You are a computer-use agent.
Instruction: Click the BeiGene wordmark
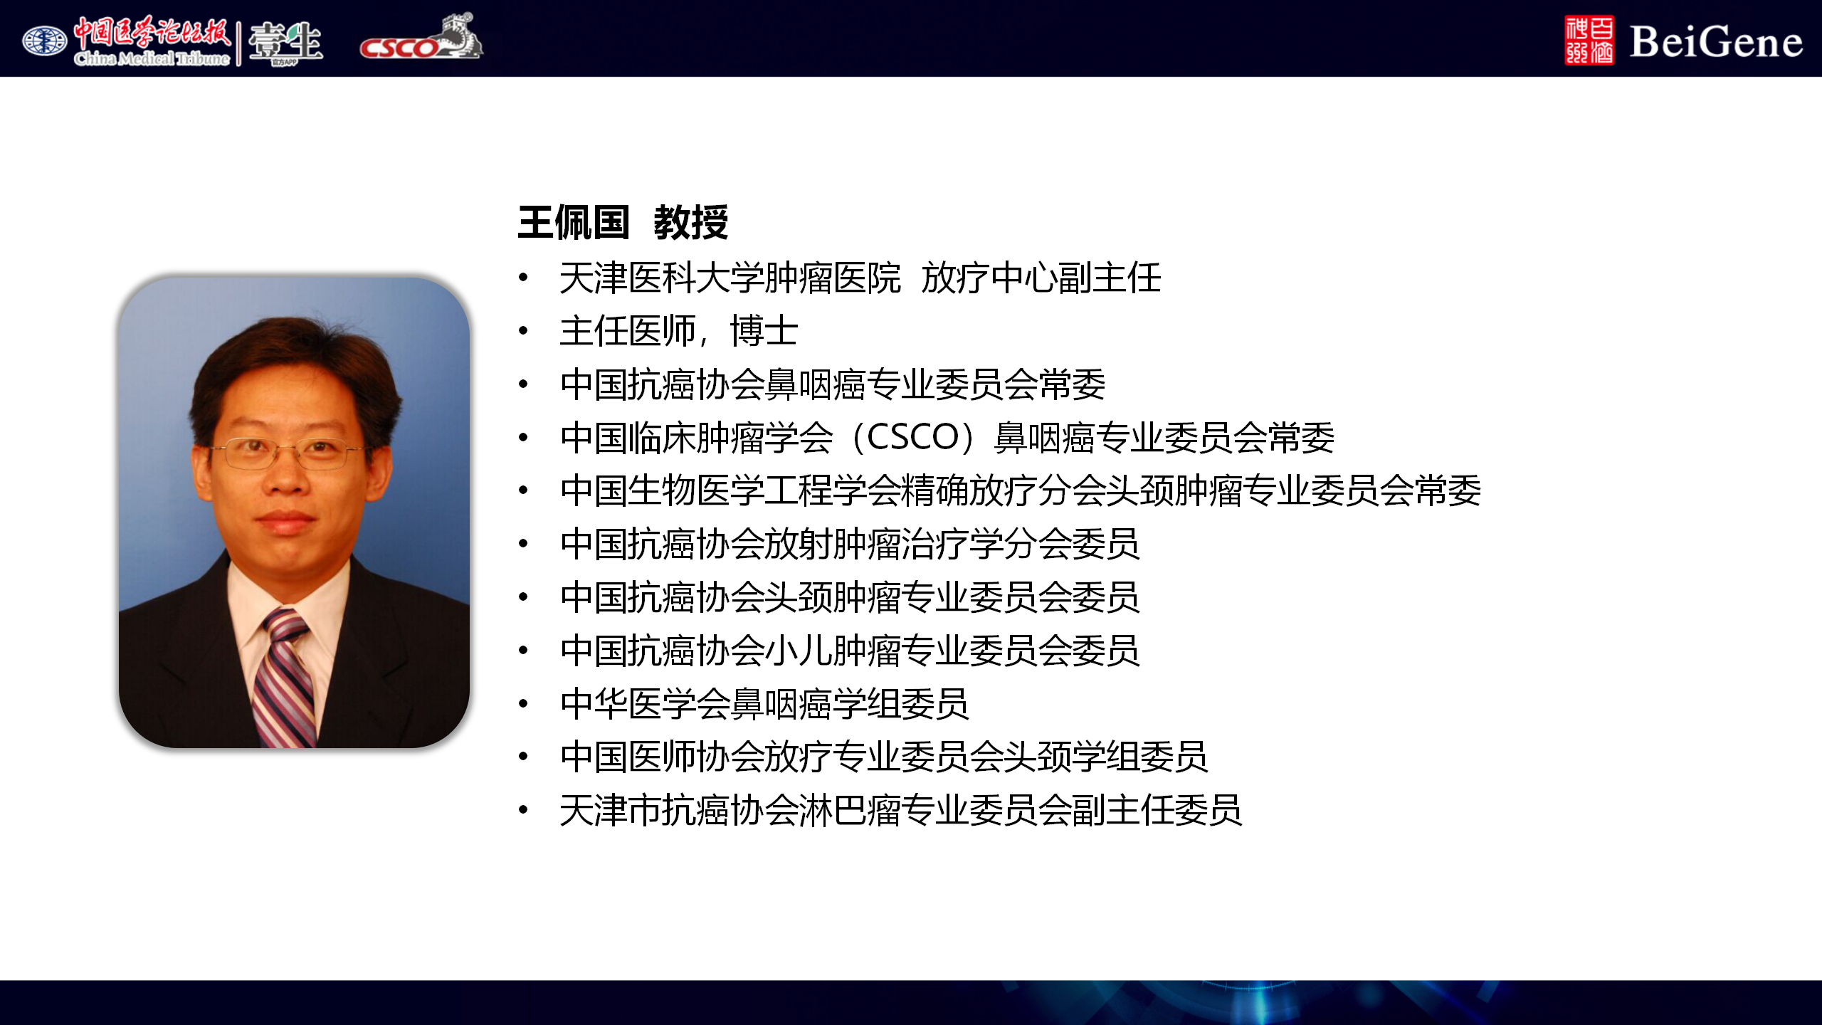[x=1716, y=42]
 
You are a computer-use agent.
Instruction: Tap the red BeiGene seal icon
[x=1589, y=41]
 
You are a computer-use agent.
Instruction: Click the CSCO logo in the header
[x=421, y=37]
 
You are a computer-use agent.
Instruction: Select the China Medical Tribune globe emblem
[x=44, y=41]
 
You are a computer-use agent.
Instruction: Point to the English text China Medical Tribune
[x=152, y=58]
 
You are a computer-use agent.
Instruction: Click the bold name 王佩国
[x=574, y=223]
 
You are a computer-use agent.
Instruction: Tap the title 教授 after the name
[x=691, y=223]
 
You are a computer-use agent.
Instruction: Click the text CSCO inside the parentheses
[x=914, y=437]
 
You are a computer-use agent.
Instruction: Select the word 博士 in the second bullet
[x=764, y=331]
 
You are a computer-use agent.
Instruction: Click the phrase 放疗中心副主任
[x=1041, y=278]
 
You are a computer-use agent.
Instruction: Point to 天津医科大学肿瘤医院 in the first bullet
[x=730, y=278]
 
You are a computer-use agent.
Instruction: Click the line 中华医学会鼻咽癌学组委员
[x=764, y=703]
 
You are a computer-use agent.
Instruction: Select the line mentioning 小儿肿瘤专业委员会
[x=850, y=650]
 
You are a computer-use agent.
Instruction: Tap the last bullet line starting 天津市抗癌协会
[x=901, y=810]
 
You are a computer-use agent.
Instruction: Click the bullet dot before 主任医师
[x=524, y=331]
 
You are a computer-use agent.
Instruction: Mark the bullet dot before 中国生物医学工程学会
[x=524, y=490]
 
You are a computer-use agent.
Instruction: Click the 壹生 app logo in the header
[x=285, y=43]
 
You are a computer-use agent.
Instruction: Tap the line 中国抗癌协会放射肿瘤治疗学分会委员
[x=850, y=544]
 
